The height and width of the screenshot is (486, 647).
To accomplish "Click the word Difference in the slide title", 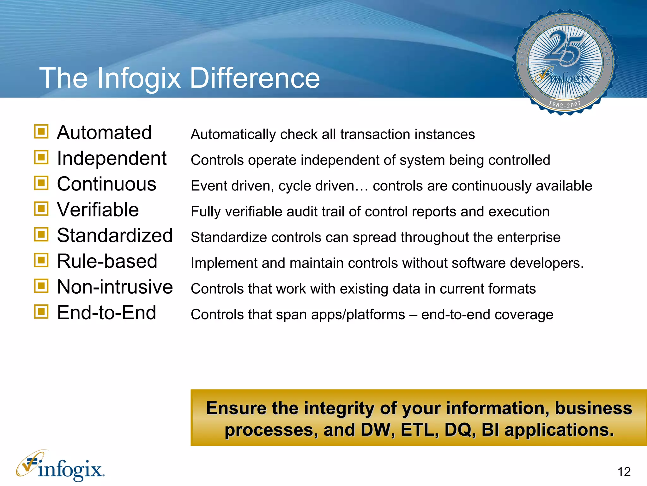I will pyautogui.click(x=255, y=78).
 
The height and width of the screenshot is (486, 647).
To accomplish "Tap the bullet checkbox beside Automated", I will pyautogui.click(x=41, y=132).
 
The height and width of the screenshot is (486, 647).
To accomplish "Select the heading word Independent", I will pyautogui.click(x=112, y=158).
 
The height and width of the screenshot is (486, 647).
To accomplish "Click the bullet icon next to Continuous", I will pyautogui.click(x=41, y=183).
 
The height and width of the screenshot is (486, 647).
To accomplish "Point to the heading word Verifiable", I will pyautogui.click(x=98, y=210).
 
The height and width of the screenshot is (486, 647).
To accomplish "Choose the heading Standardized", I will pyautogui.click(x=115, y=236).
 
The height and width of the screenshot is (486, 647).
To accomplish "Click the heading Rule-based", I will pyautogui.click(x=107, y=261).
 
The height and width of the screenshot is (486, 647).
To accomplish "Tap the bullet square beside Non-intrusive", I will pyautogui.click(x=41, y=286).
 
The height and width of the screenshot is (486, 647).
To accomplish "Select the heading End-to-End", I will pyautogui.click(x=106, y=313).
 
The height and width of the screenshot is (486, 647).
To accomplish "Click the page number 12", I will pyautogui.click(x=624, y=472).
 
